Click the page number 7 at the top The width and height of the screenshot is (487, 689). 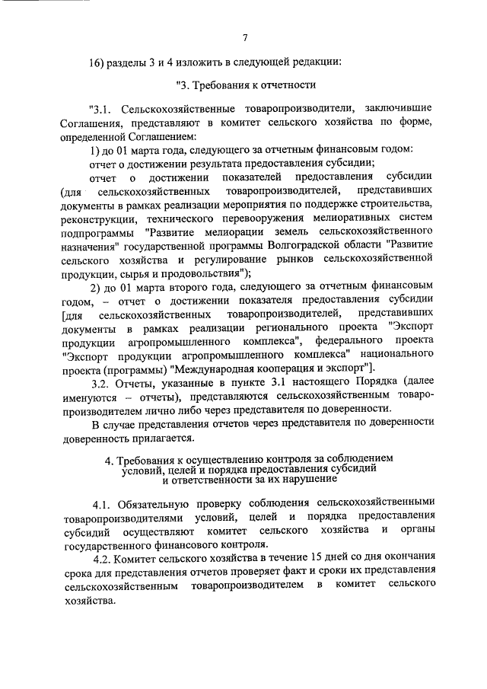click(x=245, y=38)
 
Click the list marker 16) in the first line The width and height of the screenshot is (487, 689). click(x=100, y=62)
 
